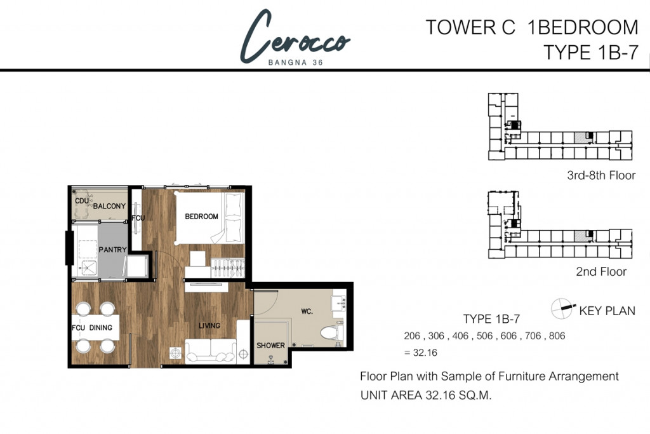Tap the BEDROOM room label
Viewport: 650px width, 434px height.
[201, 217]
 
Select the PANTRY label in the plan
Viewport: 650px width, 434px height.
[112, 250]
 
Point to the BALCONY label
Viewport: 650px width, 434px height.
[109, 207]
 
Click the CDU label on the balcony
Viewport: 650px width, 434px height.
[82, 201]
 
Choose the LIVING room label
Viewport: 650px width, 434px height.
[209, 326]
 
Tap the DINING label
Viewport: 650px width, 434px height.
[101, 328]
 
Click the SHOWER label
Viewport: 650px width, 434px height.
[270, 346]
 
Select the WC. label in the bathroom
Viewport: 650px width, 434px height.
[307, 311]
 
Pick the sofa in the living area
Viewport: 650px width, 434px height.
[211, 351]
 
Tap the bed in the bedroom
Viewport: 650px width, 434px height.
[209, 217]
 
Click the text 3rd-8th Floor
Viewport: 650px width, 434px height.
[601, 175]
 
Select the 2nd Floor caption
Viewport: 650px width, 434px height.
[601, 272]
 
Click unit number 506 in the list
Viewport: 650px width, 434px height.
[484, 336]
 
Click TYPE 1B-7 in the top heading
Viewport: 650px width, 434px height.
[591, 53]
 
